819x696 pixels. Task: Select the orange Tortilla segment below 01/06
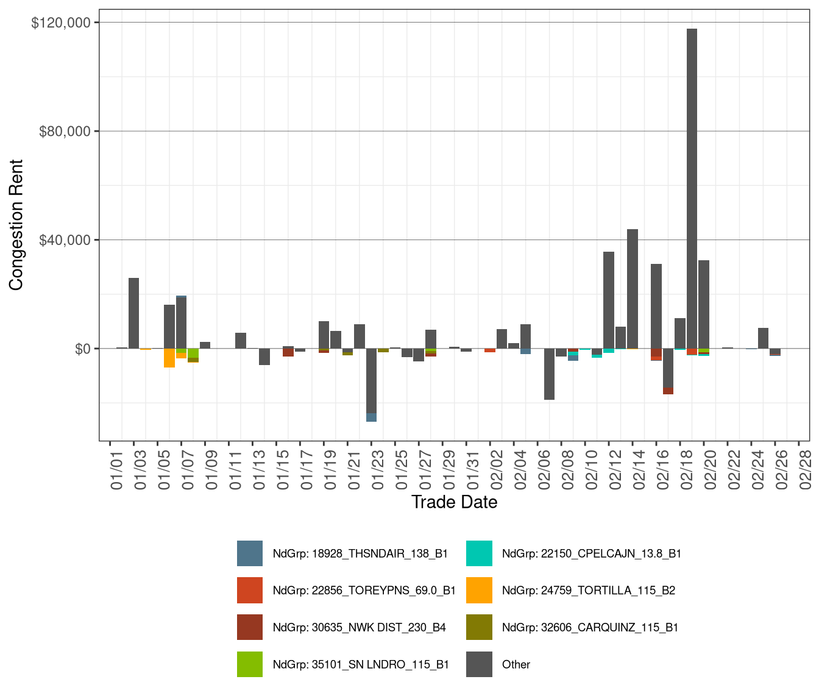pos(169,358)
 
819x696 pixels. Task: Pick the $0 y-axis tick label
pos(82,349)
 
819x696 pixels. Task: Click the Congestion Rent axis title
pos(16,225)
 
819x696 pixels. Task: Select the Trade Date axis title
pos(454,502)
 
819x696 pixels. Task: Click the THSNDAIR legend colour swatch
pos(250,553)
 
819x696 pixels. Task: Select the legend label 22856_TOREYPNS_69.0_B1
pos(364,591)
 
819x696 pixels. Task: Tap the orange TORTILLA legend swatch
pos(479,591)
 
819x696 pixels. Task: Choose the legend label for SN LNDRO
pos(361,665)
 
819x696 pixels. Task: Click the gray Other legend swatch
pos(479,664)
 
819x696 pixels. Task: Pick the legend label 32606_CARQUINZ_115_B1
pos(590,628)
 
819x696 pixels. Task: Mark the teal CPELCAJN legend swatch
pos(479,553)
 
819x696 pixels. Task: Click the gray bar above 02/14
pos(633,289)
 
